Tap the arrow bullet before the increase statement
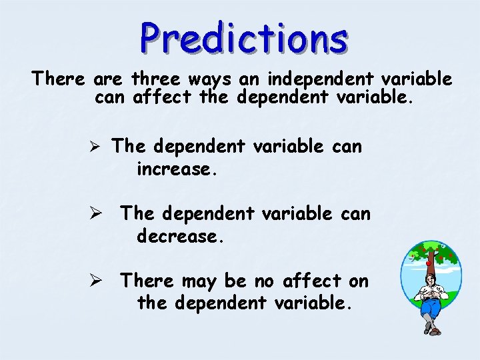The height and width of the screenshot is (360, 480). (x=97, y=147)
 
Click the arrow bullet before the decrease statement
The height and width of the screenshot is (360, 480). (x=97, y=213)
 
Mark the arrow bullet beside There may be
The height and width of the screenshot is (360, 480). (x=97, y=281)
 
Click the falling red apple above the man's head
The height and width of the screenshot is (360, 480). (x=429, y=264)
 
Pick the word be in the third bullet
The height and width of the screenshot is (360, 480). (x=236, y=281)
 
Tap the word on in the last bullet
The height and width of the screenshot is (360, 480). (x=358, y=282)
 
